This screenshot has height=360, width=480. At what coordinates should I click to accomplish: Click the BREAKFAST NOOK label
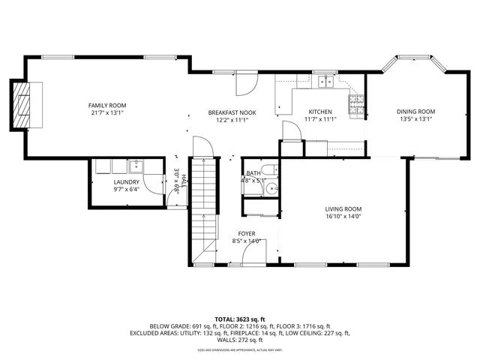tap(232, 112)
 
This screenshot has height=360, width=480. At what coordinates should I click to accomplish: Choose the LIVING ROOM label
tap(343, 209)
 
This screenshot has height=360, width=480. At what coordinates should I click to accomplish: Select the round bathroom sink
tap(272, 189)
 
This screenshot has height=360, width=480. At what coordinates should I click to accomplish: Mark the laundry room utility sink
tap(136, 166)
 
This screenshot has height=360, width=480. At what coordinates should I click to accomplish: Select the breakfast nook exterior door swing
tap(244, 84)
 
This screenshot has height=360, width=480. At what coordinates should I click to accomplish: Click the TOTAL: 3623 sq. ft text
tap(240, 319)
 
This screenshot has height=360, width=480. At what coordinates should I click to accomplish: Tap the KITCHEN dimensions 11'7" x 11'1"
tap(320, 118)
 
